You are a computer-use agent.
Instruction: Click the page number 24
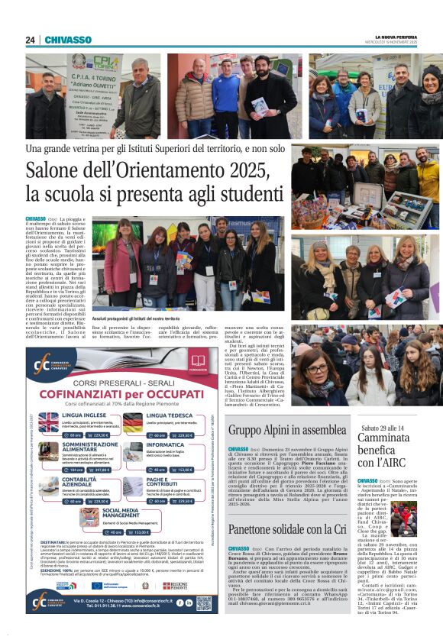pos(30,40)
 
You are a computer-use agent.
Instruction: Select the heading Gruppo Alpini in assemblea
pos(287,430)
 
